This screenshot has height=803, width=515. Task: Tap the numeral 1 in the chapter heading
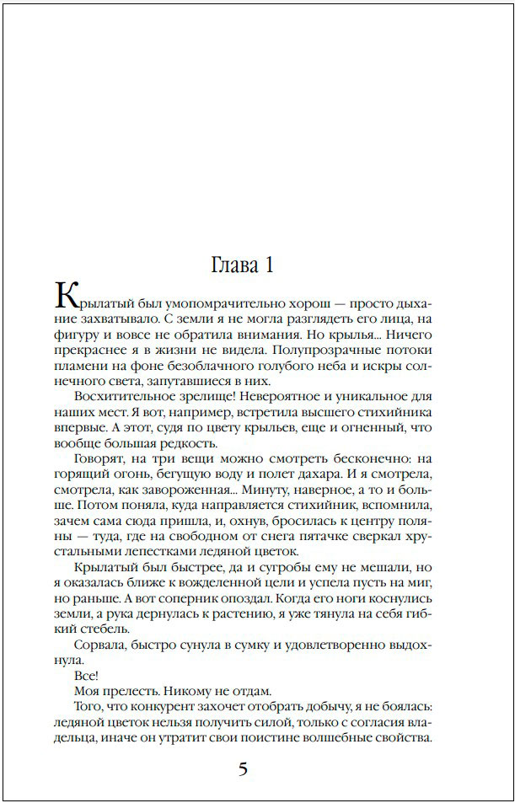[268, 265]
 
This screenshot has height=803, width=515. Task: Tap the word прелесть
[129, 692]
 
